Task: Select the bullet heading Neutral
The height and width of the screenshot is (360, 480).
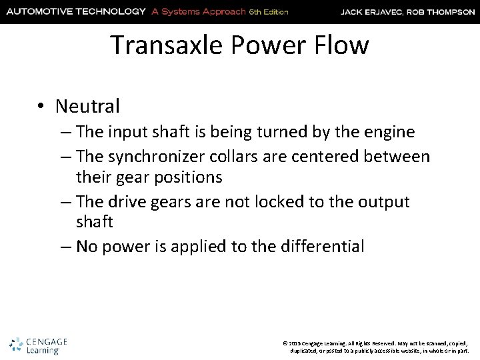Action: (88, 105)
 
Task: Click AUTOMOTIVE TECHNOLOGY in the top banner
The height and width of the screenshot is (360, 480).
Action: (75, 11)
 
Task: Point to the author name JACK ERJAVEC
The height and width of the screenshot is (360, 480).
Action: (371, 11)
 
